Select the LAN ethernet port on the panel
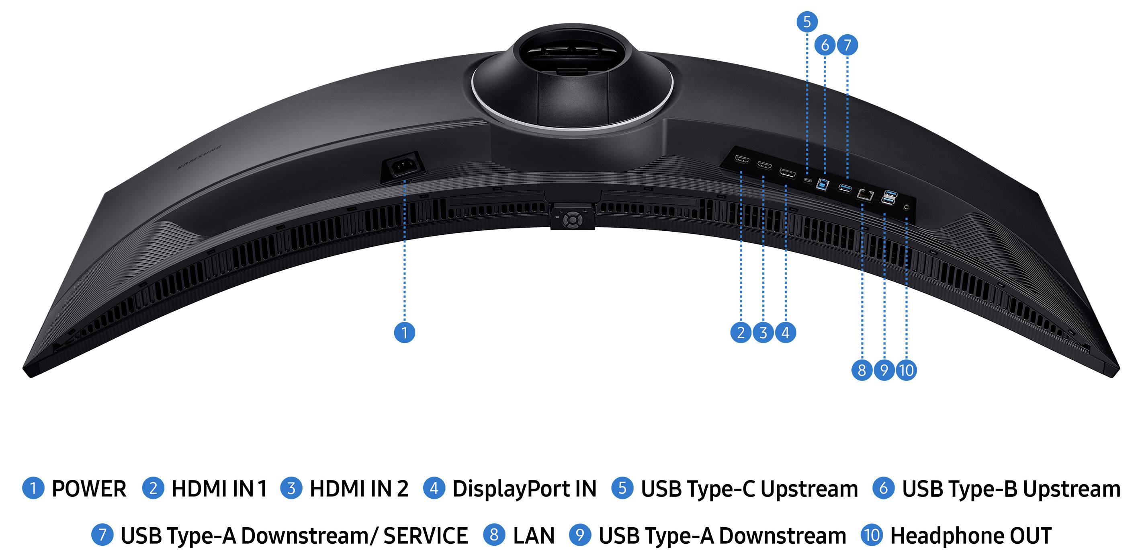(x=865, y=194)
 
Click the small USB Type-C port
(x=808, y=180)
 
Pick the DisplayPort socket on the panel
(x=787, y=173)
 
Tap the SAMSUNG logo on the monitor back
(x=199, y=158)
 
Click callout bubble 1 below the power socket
(x=404, y=332)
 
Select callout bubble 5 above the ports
(x=807, y=21)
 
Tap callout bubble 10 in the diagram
(x=906, y=370)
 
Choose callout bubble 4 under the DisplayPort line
(x=786, y=332)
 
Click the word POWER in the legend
(x=89, y=489)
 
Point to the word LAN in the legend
(x=534, y=536)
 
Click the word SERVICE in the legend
(x=425, y=536)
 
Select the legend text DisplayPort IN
(x=524, y=489)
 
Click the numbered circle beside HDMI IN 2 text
(x=291, y=489)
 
